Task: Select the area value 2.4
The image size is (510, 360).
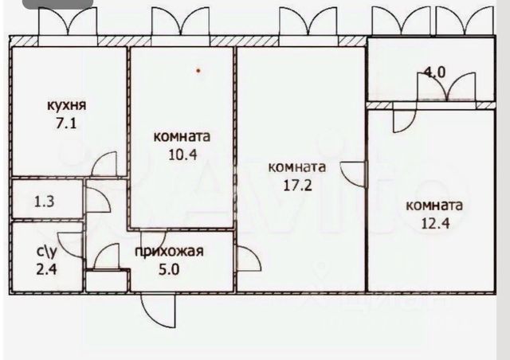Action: coord(47,269)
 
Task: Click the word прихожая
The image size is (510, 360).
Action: coord(169,252)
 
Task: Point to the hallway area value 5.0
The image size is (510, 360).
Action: coord(169,269)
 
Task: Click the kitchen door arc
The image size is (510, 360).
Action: coord(102,166)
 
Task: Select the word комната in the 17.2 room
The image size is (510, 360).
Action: coord(297,167)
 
